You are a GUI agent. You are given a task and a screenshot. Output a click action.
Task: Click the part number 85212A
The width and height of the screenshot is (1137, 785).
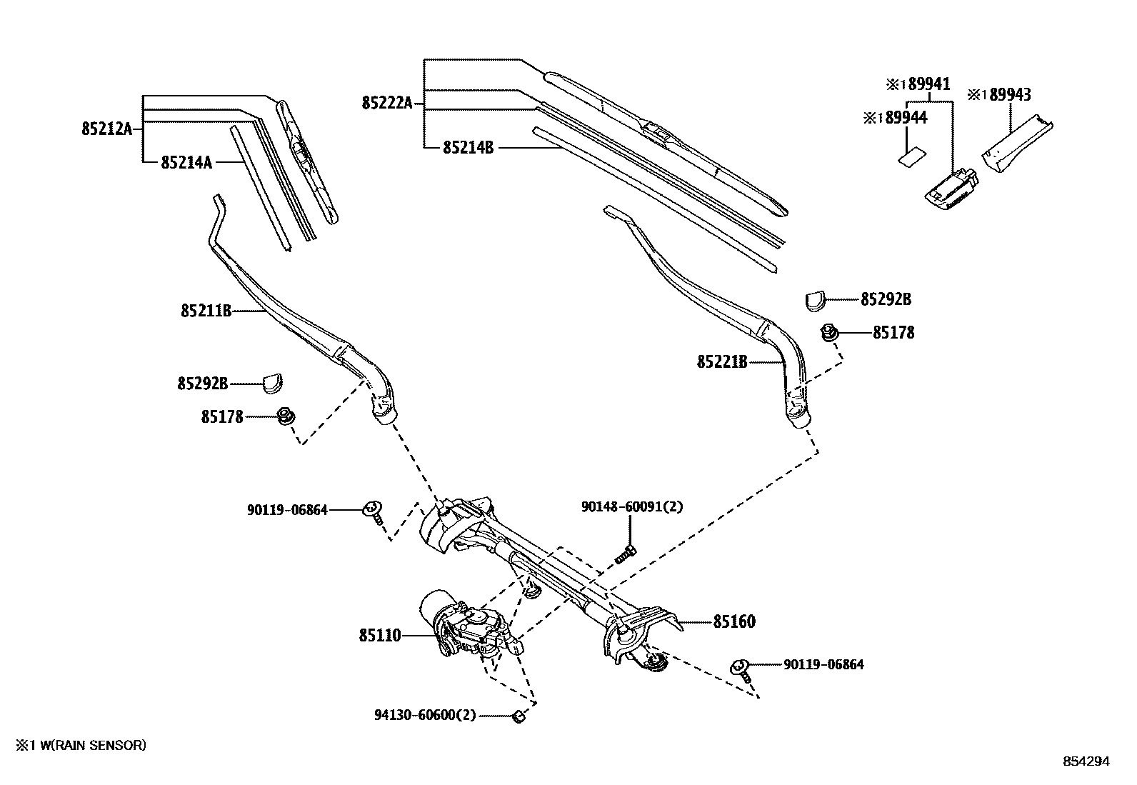106,129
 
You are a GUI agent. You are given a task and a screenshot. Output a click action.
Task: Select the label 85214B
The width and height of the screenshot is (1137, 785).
468,148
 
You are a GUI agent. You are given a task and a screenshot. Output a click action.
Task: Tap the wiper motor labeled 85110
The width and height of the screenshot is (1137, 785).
464,625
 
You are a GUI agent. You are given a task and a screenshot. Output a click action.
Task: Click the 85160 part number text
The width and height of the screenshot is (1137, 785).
733,622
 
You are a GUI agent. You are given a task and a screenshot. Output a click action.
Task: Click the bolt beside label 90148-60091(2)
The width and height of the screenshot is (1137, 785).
628,552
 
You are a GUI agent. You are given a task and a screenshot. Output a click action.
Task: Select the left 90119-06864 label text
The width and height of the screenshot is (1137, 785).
287,510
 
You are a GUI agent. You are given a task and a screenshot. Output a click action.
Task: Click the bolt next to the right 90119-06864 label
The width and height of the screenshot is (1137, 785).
741,669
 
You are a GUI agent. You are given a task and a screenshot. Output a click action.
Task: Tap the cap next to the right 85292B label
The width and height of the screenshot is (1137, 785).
815,301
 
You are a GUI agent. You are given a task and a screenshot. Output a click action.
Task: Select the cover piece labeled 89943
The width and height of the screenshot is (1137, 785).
1014,146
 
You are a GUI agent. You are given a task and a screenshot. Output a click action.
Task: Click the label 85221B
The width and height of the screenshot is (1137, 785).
722,363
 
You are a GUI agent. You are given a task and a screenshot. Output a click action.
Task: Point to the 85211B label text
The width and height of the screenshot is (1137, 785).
206,311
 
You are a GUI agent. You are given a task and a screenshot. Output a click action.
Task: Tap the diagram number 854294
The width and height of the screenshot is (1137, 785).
1086,761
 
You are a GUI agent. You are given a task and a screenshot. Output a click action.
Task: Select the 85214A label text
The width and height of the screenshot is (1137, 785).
186,163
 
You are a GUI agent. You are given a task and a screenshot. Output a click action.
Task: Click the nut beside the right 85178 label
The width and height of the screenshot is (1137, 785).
829,332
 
